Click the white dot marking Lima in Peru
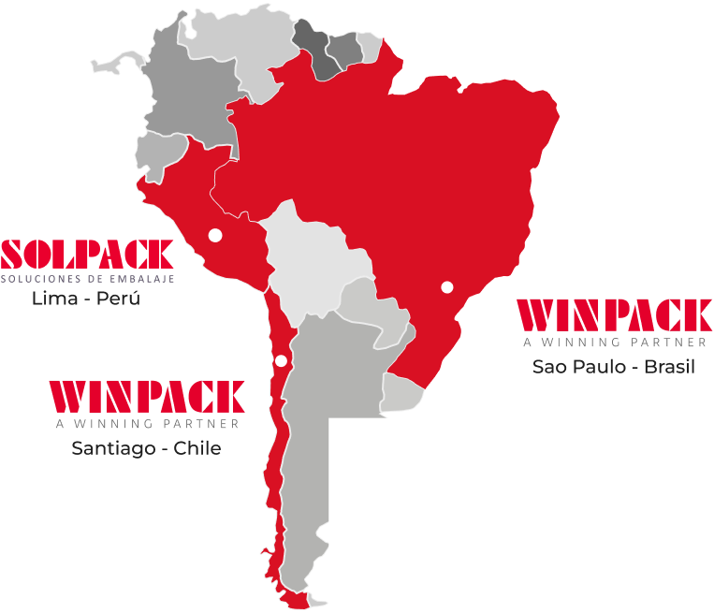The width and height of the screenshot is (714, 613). tap(215, 235)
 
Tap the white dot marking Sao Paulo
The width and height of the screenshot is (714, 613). tap(447, 286)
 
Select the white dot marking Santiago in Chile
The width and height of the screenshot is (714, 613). tap(281, 361)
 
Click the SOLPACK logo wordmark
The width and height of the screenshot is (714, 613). tap(87, 254)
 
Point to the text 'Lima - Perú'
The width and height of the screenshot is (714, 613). tap(86, 299)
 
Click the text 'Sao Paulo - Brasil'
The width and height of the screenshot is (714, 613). tap(614, 366)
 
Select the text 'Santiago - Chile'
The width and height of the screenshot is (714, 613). tap(146, 448)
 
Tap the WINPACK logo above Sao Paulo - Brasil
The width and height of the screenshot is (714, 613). tap(614, 315)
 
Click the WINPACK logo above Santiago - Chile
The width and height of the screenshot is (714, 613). tap(146, 397)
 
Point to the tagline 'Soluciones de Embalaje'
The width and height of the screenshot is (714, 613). tap(87, 278)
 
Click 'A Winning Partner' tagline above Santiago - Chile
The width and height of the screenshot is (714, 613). tap(146, 424)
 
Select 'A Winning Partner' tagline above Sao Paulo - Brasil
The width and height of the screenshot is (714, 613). tap(614, 342)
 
